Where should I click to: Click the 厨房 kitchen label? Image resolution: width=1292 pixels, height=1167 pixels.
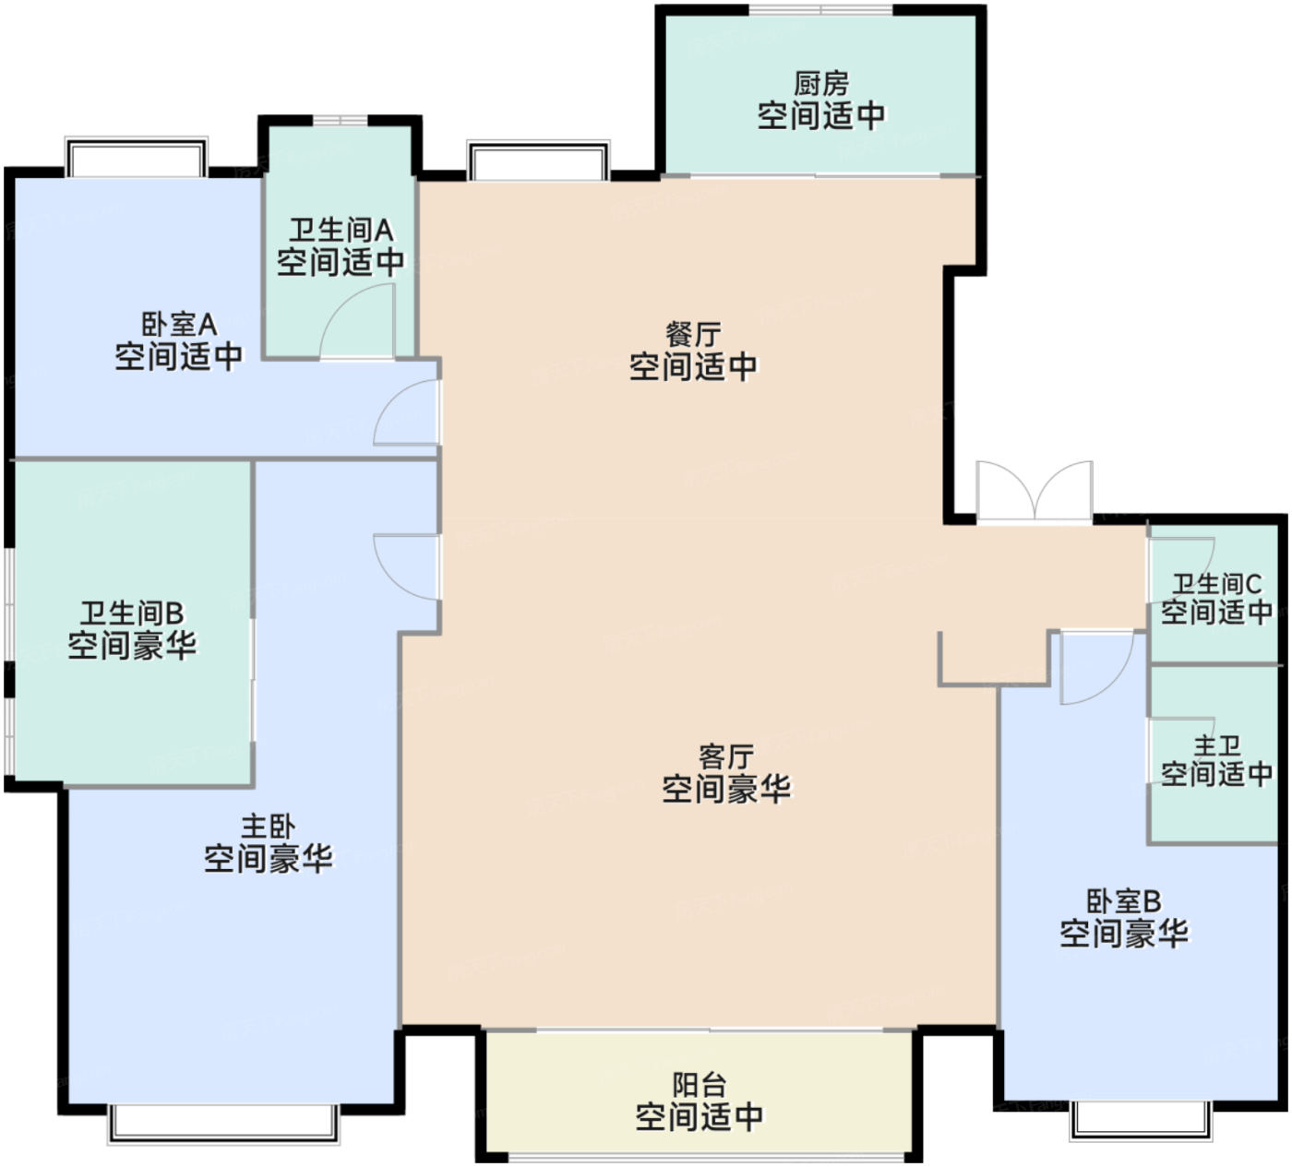tap(820, 83)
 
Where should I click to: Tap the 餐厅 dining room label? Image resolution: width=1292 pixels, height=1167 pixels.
tap(693, 334)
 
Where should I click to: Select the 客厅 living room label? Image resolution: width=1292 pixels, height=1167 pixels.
tap(726, 756)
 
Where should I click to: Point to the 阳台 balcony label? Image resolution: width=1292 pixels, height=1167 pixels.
tap(700, 1085)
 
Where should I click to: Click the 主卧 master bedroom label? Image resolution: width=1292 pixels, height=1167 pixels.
tap(268, 827)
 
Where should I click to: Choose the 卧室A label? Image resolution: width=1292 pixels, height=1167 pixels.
tap(178, 324)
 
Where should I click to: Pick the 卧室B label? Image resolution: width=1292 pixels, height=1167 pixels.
tap(1124, 901)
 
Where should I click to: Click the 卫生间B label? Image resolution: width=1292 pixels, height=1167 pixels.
tap(132, 613)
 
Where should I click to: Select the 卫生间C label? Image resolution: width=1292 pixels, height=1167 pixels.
tap(1216, 584)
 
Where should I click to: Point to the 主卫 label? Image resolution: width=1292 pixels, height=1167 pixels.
tap(1216, 745)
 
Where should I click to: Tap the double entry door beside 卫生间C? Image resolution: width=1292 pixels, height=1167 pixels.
tap(1035, 490)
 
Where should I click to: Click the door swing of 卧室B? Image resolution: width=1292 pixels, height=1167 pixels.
tap(1113, 683)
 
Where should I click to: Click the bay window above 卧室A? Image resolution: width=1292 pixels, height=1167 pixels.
tap(136, 156)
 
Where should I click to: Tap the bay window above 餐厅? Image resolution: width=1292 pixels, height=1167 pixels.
tap(538, 160)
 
